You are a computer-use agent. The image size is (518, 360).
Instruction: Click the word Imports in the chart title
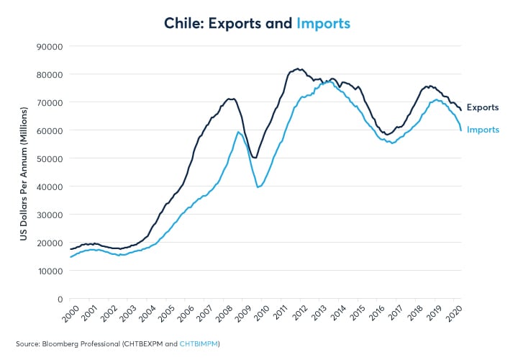click(x=323, y=23)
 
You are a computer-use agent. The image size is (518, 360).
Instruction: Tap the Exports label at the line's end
click(x=482, y=107)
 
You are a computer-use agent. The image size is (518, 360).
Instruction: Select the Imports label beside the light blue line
click(x=483, y=130)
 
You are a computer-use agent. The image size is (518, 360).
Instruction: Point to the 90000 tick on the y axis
click(x=50, y=46)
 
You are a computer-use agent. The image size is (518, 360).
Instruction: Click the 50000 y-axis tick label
click(x=50, y=158)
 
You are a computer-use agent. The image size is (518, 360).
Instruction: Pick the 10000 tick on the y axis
click(x=50, y=271)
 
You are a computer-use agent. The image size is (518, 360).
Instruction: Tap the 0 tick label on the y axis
click(x=59, y=299)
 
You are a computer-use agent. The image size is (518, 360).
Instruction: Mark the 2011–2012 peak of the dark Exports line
click(x=298, y=69)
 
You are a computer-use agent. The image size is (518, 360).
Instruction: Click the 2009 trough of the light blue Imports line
click(x=258, y=187)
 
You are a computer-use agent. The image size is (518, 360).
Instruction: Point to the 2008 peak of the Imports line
click(x=238, y=132)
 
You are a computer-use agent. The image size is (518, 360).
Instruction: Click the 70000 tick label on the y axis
click(x=50, y=102)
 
